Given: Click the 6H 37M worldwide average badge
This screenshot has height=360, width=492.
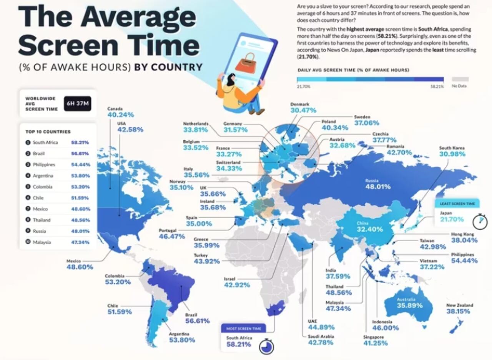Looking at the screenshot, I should tap(78, 103).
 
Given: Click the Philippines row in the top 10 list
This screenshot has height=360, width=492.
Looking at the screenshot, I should tap(58, 164).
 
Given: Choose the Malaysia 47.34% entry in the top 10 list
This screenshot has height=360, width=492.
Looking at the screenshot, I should tap(58, 242).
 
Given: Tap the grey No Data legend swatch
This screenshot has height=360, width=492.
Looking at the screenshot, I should tap(460, 80).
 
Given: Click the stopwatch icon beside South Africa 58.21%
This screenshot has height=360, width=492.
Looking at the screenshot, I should tap(266, 346).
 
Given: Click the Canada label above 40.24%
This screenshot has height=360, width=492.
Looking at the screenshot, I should tap(115, 109).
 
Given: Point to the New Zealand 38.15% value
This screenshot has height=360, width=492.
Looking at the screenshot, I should tap(458, 312).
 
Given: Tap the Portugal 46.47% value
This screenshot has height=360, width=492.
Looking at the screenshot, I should tap(172, 236).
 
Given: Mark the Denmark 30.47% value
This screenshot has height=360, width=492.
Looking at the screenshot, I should tap(303, 110).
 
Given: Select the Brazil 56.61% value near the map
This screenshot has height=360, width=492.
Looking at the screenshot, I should tap(197, 321).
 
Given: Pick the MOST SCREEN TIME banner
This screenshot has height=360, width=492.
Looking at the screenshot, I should tap(243, 328).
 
